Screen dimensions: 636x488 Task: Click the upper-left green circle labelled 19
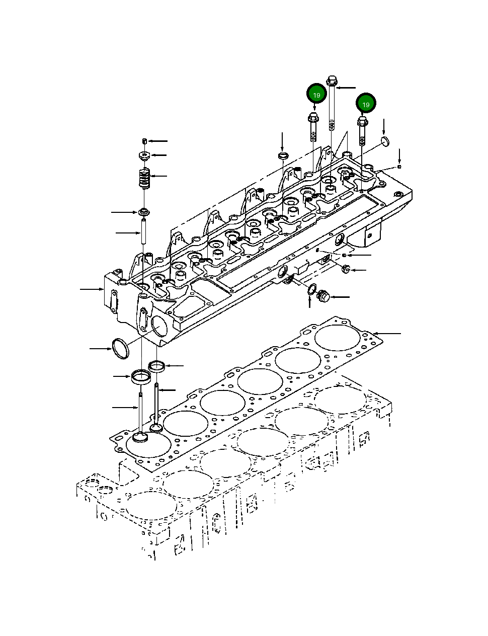(x=316, y=95)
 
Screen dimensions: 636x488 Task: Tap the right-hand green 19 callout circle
(x=366, y=104)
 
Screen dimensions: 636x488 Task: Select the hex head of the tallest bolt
(x=332, y=81)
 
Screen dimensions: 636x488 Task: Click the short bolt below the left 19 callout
(x=312, y=128)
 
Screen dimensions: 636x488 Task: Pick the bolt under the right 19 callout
(x=362, y=131)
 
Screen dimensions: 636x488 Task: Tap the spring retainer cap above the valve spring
(x=144, y=156)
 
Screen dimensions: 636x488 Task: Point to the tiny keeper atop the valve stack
(x=144, y=140)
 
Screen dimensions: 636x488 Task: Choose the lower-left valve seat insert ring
(x=140, y=376)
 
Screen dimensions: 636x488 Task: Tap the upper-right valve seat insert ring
(x=157, y=366)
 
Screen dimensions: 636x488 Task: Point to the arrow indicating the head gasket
(x=387, y=334)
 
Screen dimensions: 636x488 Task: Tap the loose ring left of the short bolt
(x=283, y=154)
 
